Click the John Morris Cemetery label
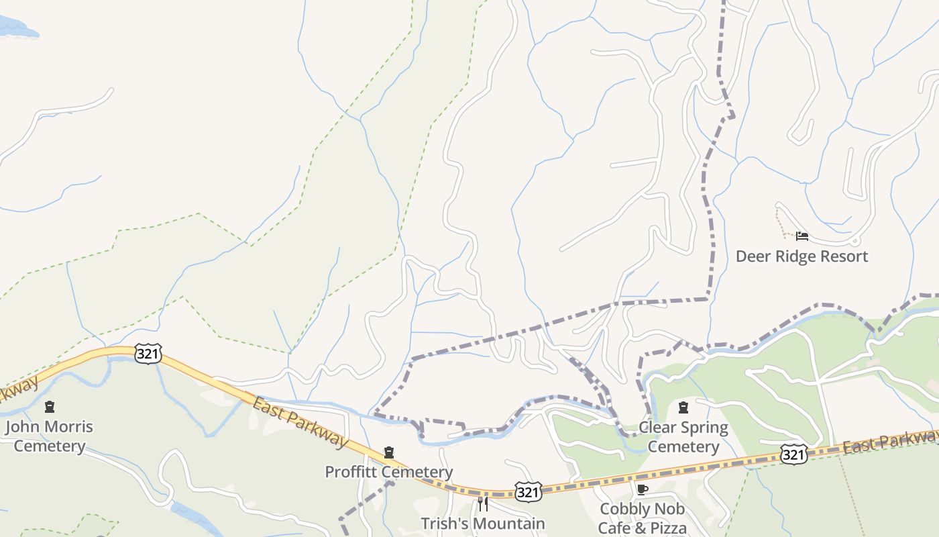(50, 436)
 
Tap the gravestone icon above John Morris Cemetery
(49, 407)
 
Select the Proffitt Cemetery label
(388, 472)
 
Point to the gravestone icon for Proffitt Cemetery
(388, 453)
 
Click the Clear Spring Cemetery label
(683, 437)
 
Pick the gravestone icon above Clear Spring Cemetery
(683, 407)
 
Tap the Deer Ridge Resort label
(802, 256)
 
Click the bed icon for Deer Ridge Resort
(802, 236)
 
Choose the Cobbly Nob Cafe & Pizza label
(642, 518)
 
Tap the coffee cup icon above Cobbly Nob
(642, 489)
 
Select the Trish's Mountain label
(482, 523)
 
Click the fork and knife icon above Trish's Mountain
(482, 503)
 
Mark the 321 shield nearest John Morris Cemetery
(147, 354)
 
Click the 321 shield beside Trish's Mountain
(528, 492)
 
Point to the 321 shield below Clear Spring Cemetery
(793, 455)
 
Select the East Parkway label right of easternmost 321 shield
(890, 442)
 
